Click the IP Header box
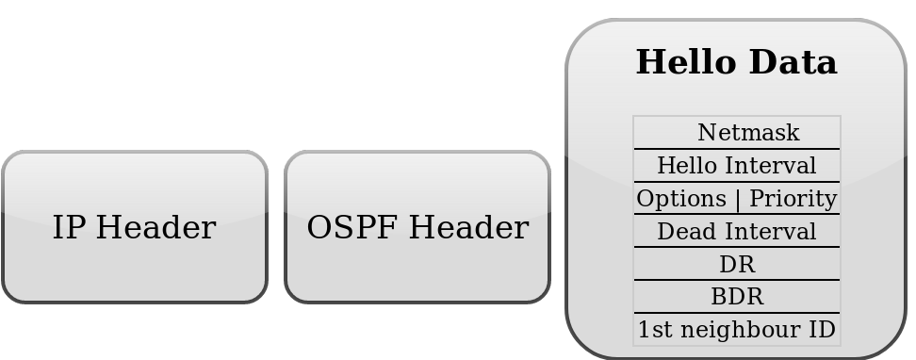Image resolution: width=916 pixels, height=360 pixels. (134, 227)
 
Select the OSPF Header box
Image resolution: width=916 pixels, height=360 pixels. (417, 227)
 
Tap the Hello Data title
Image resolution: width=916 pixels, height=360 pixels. (736, 63)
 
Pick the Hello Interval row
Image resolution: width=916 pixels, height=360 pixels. (736, 166)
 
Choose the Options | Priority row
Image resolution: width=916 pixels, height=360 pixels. (736, 199)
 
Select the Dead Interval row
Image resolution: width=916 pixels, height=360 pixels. (736, 232)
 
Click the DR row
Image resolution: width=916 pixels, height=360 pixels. (736, 265)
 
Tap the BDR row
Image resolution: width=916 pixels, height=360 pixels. (736, 298)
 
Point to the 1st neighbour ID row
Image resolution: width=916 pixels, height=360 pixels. (736, 331)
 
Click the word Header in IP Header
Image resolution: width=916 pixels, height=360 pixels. (155, 228)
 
